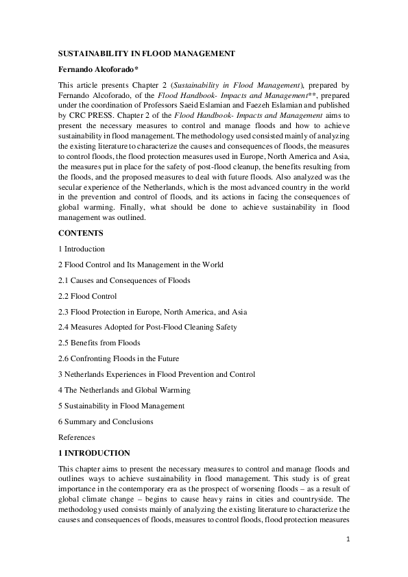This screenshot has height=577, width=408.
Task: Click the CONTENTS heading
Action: pyautogui.click(x=81, y=233)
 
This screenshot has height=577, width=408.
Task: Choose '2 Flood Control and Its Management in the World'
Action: pyautogui.click(x=141, y=265)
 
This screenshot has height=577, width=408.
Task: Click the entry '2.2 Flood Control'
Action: pyautogui.click(x=88, y=296)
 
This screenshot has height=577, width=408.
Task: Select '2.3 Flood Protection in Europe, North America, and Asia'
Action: pyautogui.click(x=152, y=312)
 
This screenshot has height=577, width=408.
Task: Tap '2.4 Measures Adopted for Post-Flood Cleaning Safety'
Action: pyautogui.click(x=147, y=328)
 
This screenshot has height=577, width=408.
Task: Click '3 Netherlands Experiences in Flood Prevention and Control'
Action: pyautogui.click(x=156, y=374)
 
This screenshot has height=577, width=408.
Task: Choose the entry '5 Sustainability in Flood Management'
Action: pyautogui.click(x=121, y=406)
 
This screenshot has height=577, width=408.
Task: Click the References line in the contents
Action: pyautogui.click(x=77, y=437)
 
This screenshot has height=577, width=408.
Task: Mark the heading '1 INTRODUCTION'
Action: pyautogui.click(x=94, y=453)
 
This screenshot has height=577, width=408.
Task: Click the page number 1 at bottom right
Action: pyautogui.click(x=348, y=539)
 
